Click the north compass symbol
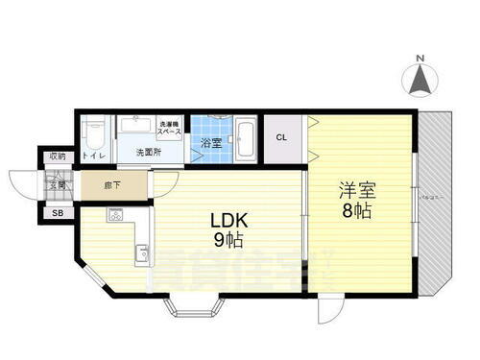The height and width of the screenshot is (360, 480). (420, 79)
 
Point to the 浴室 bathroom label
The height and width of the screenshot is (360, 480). (210, 144)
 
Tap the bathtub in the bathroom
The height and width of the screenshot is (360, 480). (245, 138)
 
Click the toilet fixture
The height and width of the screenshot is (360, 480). (92, 132)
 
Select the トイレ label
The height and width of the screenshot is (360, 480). (93, 156)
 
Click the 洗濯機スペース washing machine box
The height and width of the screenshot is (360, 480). (168, 127)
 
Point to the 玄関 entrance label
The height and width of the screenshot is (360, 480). (58, 184)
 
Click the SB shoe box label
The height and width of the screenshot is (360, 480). (58, 213)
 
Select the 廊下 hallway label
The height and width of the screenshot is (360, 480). (112, 182)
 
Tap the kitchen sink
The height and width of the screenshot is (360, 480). (142, 252)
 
